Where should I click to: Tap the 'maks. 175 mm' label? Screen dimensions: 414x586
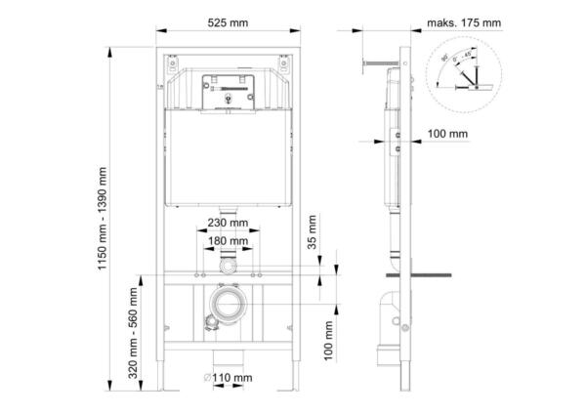pyautogui.click(x=463, y=21)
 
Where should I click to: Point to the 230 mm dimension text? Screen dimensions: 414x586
pyautogui.click(x=227, y=222)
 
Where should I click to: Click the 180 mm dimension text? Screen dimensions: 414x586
pyautogui.click(x=227, y=241)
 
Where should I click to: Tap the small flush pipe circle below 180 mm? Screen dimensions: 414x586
pyautogui.click(x=228, y=265)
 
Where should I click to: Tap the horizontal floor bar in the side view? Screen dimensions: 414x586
pyautogui.click(x=430, y=274)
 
